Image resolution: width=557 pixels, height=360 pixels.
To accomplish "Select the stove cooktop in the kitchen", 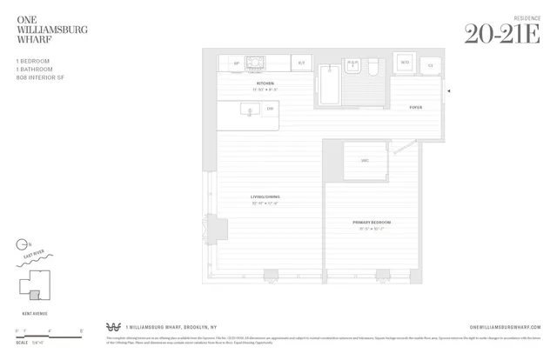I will tap(255, 63).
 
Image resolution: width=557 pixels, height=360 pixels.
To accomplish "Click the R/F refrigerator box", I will tap(301, 63).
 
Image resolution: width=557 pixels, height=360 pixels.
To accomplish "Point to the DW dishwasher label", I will tap(271, 109).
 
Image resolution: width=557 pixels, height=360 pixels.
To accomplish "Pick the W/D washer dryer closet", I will tap(404, 63).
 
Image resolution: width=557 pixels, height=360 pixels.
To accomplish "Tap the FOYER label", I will tap(415, 108).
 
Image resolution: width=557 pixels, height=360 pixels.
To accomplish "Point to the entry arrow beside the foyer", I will tap(448, 90).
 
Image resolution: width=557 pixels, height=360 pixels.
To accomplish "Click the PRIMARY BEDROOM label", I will tap(368, 223).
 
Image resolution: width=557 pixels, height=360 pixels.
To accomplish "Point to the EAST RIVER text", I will tap(35, 256).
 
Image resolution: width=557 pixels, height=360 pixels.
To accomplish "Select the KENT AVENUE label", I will tap(32, 311).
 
